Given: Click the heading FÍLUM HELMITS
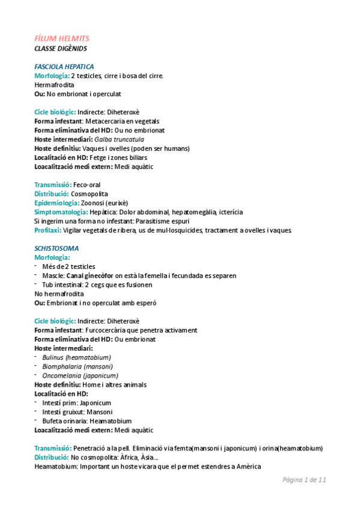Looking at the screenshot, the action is click(x=62, y=38).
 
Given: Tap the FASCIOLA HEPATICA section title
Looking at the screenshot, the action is click(x=64, y=66).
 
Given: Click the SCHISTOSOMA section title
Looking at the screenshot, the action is click(x=56, y=248).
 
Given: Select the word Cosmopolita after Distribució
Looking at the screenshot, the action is click(x=90, y=194).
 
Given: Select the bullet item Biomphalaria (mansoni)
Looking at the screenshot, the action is click(x=77, y=366).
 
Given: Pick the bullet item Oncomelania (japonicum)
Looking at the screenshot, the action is click(x=81, y=375).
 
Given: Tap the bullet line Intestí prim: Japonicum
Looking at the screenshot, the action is click(x=76, y=402).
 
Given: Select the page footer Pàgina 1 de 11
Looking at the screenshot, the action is click(x=304, y=480).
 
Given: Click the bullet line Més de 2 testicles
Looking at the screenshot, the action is click(x=69, y=266).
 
